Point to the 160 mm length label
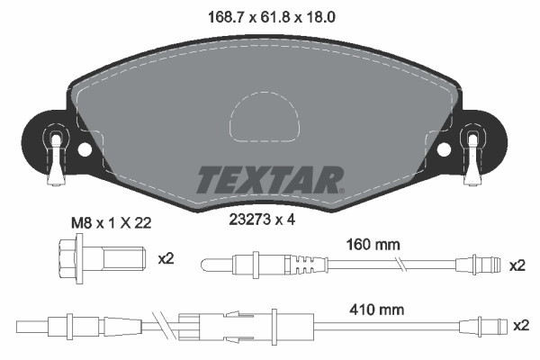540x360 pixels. click(x=372, y=244)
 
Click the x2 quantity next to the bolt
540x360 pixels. click(x=165, y=259)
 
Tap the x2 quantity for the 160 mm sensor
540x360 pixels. click(x=517, y=265)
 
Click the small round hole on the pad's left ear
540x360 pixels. click(x=85, y=149)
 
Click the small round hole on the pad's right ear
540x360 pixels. click(x=443, y=149)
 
